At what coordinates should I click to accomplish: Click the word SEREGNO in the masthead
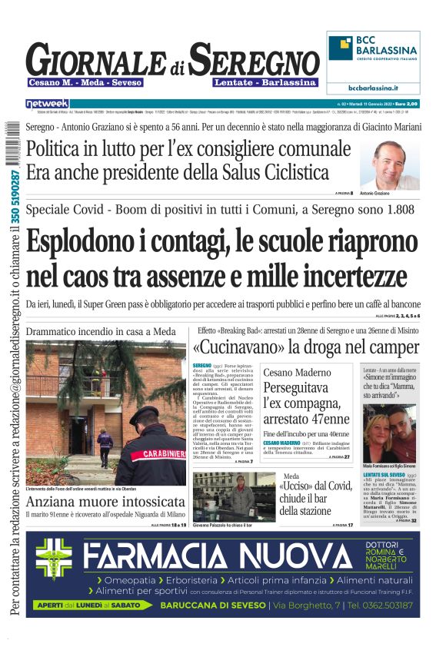pos(255,60)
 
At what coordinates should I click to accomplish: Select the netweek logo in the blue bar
pos(48,103)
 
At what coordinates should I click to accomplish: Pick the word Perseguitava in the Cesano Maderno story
pos(296,387)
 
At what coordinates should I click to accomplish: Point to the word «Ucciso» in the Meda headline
pos(298,486)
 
